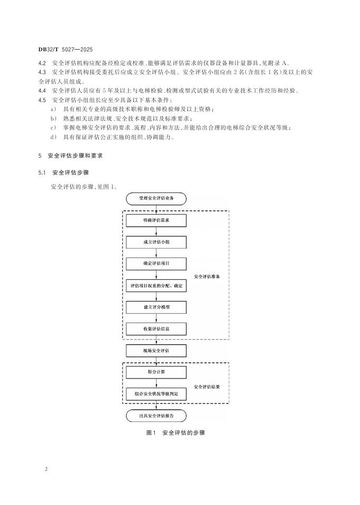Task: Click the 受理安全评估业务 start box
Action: click(x=156, y=199)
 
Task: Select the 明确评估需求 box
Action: click(x=156, y=221)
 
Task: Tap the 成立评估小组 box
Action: click(x=156, y=242)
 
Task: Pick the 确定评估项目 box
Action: click(x=156, y=264)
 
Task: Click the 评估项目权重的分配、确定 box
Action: click(x=156, y=286)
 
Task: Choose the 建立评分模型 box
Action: click(x=156, y=307)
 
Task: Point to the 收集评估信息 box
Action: click(x=156, y=329)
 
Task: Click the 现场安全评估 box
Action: click(x=156, y=351)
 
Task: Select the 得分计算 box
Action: click(x=156, y=372)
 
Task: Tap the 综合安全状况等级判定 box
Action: click(x=156, y=394)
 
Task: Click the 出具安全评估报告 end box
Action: click(x=156, y=416)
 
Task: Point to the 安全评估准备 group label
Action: click(x=207, y=277)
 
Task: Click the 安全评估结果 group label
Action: click(x=207, y=387)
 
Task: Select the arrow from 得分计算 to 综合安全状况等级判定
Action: click(x=156, y=383)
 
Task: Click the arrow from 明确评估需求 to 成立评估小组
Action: click(x=156, y=232)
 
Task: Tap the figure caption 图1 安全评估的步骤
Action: click(x=176, y=433)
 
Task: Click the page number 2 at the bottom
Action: click(x=46, y=469)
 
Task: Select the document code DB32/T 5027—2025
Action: click(x=66, y=49)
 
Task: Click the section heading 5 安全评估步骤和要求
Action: click(x=70, y=156)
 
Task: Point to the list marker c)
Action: click(x=53, y=128)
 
